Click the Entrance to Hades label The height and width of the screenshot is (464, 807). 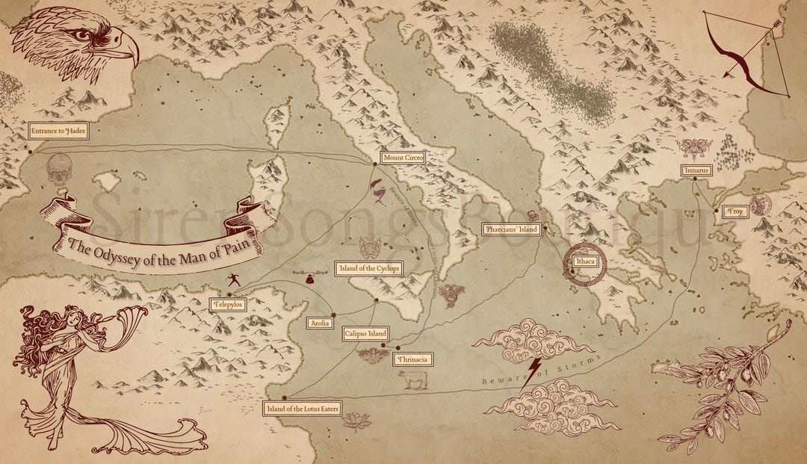click(x=58, y=132)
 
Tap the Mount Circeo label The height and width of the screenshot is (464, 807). click(x=403, y=158)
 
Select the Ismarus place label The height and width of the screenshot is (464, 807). click(x=696, y=170)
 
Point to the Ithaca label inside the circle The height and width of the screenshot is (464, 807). click(x=585, y=262)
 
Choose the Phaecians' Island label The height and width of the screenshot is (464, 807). click(x=510, y=230)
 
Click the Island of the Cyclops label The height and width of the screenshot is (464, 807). click(x=369, y=268)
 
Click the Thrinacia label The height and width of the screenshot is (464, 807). click(x=412, y=359)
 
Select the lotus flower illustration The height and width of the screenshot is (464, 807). click(x=356, y=421)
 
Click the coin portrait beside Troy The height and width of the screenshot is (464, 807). click(x=761, y=205)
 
